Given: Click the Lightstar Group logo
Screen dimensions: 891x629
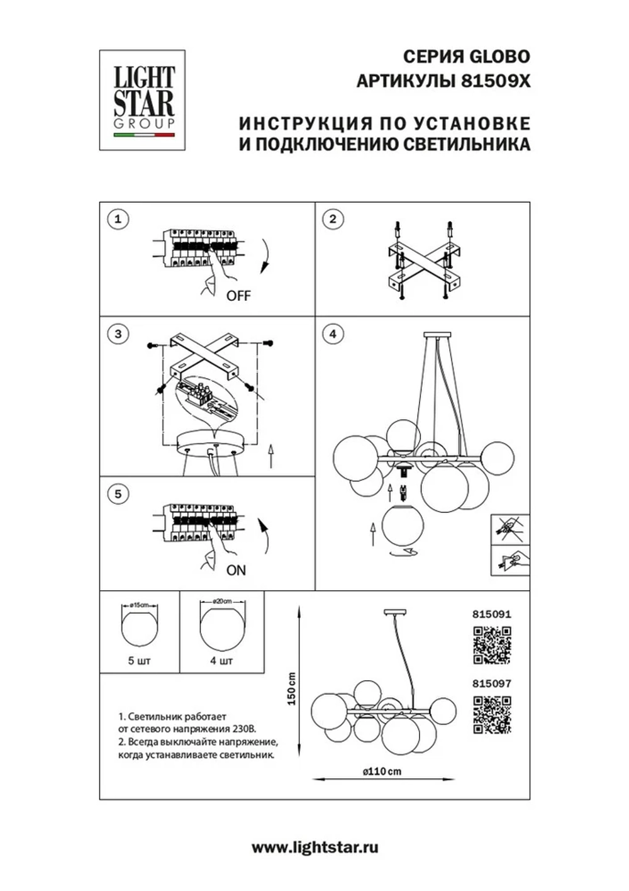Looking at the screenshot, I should [143, 100].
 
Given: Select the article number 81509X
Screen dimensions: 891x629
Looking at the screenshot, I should [497, 81].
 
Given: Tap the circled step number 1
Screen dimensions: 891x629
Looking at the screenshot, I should [118, 220].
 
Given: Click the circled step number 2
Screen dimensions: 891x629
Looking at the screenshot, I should [333, 220].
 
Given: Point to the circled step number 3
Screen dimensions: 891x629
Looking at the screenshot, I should [118, 333].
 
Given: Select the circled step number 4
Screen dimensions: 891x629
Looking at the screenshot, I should [333, 333].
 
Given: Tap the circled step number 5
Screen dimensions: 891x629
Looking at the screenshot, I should [118, 494].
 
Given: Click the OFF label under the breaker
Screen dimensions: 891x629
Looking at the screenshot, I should [238, 296].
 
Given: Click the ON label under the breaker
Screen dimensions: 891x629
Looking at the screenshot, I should [236, 571].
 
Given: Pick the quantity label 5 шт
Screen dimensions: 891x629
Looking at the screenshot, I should [139, 661].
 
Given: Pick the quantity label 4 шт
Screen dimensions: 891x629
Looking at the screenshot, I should [221, 661].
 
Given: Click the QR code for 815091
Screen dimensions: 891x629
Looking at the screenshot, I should [492, 645].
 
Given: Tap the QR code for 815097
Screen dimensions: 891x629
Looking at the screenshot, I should [492, 715].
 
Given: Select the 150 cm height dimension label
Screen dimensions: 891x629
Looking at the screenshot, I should [291, 688].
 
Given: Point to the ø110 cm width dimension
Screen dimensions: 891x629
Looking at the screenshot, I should [382, 771].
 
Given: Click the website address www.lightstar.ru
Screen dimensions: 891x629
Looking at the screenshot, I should [315, 848].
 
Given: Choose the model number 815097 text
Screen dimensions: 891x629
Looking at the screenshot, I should [491, 683].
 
